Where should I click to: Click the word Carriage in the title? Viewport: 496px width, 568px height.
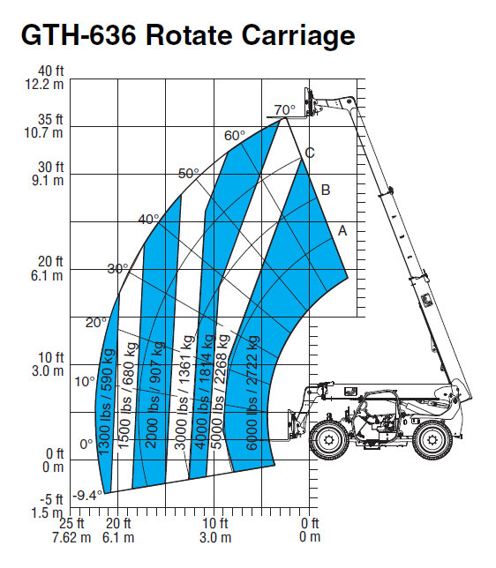(x=298, y=36)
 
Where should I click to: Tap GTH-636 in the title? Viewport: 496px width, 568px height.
(x=79, y=34)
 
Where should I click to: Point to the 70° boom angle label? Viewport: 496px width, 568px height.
(x=284, y=109)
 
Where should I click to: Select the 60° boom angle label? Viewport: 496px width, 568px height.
(x=235, y=136)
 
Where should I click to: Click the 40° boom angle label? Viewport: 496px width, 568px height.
(x=148, y=219)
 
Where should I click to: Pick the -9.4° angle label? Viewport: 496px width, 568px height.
(x=87, y=495)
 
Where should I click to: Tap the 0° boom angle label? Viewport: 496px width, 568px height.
(x=86, y=445)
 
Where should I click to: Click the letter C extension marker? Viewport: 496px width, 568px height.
(x=310, y=153)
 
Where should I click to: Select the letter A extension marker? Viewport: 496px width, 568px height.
(x=342, y=230)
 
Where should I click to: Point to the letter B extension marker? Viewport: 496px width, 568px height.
(x=326, y=190)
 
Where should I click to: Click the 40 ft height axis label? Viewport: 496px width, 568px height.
(x=51, y=71)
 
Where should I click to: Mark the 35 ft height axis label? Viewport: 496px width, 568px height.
(x=50, y=120)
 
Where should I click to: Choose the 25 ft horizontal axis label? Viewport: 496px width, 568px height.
(x=71, y=523)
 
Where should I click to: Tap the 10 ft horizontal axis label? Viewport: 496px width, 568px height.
(x=215, y=523)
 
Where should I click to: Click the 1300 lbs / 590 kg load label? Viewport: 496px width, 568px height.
(x=107, y=401)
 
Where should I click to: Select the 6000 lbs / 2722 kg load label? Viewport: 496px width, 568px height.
(x=252, y=393)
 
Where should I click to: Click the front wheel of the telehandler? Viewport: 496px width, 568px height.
(x=329, y=440)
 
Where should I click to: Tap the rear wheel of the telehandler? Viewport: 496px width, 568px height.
(x=432, y=440)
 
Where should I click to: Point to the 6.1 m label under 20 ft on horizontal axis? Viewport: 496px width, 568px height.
(x=118, y=537)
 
